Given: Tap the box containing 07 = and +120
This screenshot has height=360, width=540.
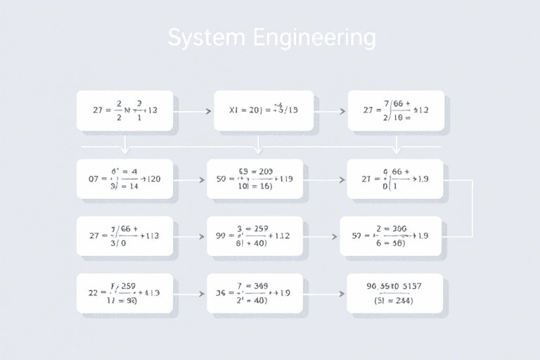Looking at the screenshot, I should coord(125,179).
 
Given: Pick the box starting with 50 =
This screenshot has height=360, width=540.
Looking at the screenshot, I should coord(255,179).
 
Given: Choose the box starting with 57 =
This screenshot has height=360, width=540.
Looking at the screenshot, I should coord(391,236).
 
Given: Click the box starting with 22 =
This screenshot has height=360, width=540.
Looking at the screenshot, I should coord(124,293).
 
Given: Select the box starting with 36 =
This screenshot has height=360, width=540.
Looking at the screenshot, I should coord(255,293).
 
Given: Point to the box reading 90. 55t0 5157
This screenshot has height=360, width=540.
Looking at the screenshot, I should coord(395,293).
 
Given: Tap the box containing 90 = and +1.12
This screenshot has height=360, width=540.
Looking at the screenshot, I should coord(255,236).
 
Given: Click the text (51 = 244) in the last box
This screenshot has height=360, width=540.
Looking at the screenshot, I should coord(394,300).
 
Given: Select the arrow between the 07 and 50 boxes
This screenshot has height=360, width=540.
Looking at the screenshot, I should coord(190,180).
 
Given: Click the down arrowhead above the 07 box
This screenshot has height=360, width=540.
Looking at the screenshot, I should coord(125,149).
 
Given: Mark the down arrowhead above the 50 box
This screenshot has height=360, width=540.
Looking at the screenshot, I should coord(257,149).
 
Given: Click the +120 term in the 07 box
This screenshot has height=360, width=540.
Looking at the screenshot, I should coord(150,179).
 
